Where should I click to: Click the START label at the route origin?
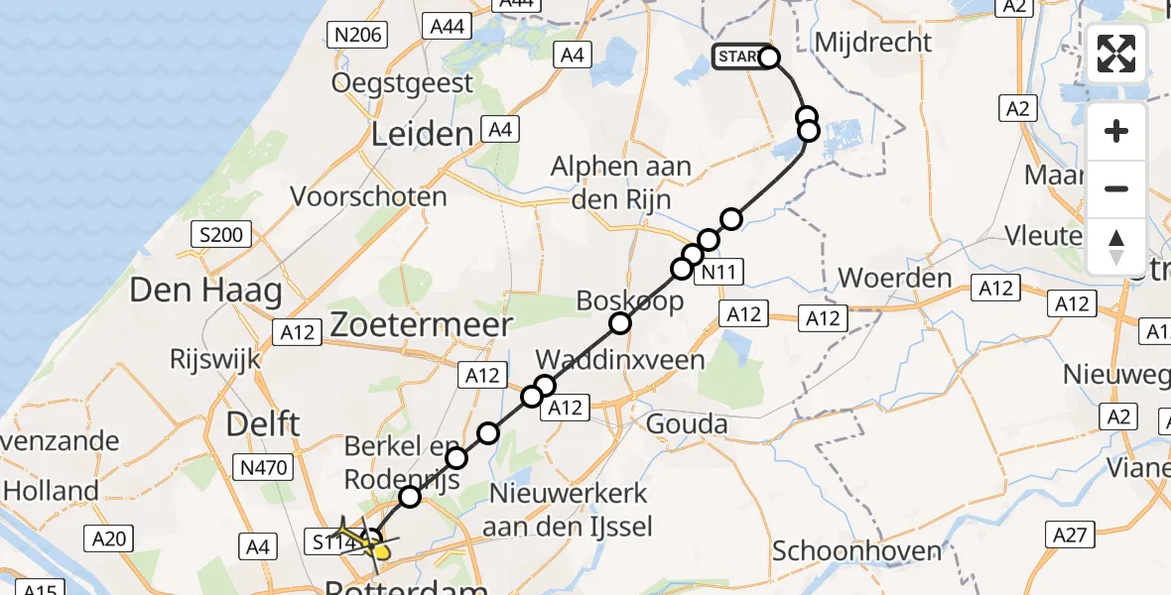(737, 58)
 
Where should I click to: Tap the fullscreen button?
(1116, 54)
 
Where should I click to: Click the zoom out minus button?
(1116, 188)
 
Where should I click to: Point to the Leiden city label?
(421, 135)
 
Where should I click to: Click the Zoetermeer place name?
(422, 324)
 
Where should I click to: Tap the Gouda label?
(687, 424)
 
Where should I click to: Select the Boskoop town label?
(630, 299)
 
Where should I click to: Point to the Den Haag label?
(206, 291)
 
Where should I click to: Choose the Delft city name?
(263, 424)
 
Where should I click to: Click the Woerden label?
(895, 278)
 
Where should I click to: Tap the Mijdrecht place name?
(872, 42)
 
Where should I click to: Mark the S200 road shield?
(220, 235)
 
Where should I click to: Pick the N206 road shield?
(357, 36)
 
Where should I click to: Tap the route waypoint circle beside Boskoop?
(620, 322)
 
